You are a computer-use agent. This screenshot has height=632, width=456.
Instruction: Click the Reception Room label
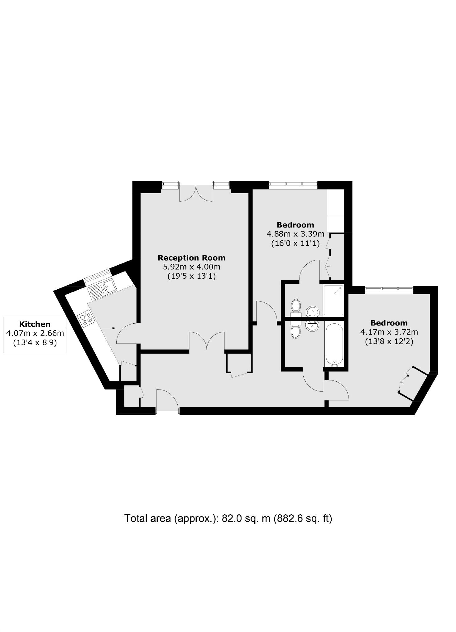(191, 258)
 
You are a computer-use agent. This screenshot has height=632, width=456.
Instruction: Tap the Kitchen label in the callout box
(35, 324)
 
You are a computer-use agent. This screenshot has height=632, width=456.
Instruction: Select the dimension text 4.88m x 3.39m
(295, 234)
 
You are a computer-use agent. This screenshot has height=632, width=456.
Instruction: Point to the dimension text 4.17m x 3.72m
(389, 332)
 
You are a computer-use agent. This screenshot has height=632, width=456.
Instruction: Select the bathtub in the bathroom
(334, 345)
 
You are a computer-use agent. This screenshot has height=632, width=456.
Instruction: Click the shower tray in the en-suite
(333, 300)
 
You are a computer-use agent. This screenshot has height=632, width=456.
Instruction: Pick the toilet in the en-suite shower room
(295, 306)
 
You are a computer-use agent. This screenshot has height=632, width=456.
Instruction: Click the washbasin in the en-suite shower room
(312, 311)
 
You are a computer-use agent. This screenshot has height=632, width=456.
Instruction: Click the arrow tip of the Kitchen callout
(116, 328)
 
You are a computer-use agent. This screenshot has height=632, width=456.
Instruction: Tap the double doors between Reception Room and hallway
(207, 341)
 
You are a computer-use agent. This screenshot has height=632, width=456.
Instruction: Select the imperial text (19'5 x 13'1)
(191, 276)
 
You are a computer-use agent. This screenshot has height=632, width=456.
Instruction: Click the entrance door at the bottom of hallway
(168, 400)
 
